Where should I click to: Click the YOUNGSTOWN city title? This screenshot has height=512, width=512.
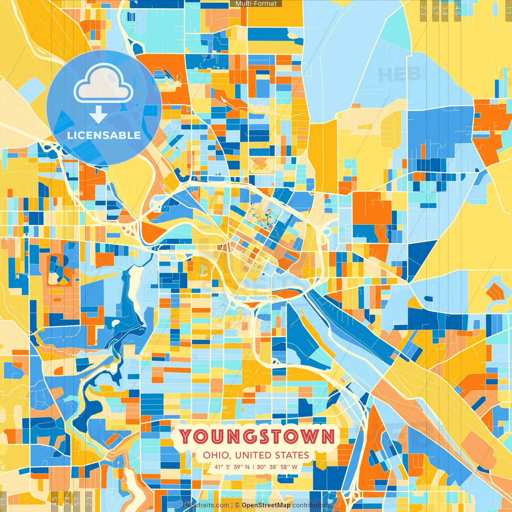256,436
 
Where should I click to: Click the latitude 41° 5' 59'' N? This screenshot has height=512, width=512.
232,467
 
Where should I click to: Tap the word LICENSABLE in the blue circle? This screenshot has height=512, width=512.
104,135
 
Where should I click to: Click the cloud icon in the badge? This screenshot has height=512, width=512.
103,84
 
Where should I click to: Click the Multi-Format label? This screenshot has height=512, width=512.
256,4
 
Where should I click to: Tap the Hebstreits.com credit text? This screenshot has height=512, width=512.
206,505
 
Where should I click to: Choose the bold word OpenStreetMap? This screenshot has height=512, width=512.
266,505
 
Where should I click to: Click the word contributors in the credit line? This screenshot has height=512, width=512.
311,505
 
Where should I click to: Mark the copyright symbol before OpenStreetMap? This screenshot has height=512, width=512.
237,505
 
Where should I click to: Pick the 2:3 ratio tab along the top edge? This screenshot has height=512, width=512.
423,10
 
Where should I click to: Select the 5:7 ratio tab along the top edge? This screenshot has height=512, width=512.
435,10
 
